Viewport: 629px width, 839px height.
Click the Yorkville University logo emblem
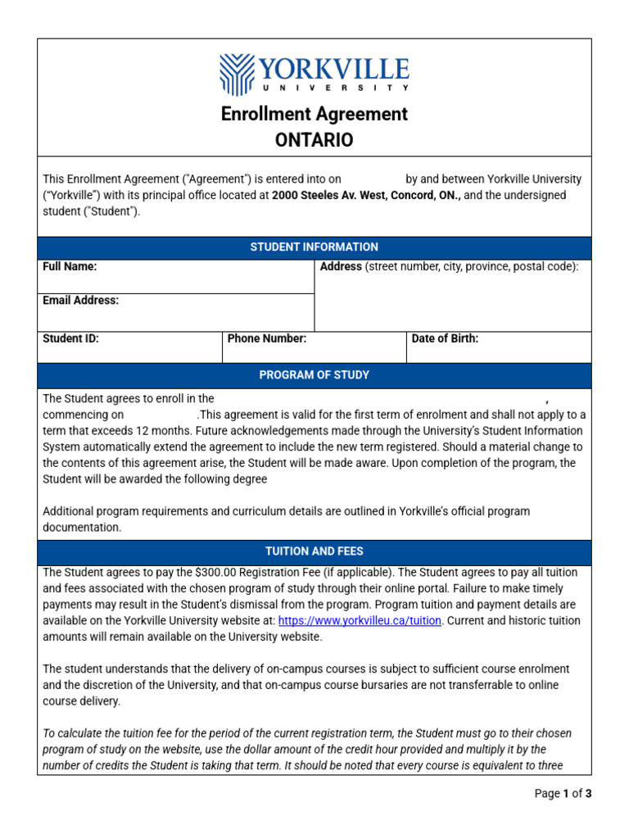[x=238, y=75]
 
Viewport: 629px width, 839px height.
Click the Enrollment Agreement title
[x=314, y=114]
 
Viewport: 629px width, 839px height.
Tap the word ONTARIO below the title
[x=314, y=140]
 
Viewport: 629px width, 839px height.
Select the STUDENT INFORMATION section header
[x=314, y=247]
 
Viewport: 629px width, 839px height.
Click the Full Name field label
[x=70, y=267]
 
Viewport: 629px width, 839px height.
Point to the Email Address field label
[x=80, y=301]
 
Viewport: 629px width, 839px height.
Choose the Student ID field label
[x=70, y=338]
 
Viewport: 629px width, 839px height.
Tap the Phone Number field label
[x=266, y=338]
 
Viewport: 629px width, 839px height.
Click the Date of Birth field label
[x=445, y=338]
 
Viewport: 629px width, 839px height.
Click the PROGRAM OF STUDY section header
[x=314, y=374]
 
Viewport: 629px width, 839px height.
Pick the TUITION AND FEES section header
[x=314, y=551]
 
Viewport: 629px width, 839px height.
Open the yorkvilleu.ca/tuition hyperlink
[x=360, y=621]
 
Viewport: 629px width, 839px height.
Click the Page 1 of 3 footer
[x=563, y=793]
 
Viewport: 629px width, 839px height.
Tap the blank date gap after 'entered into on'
[x=373, y=179]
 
